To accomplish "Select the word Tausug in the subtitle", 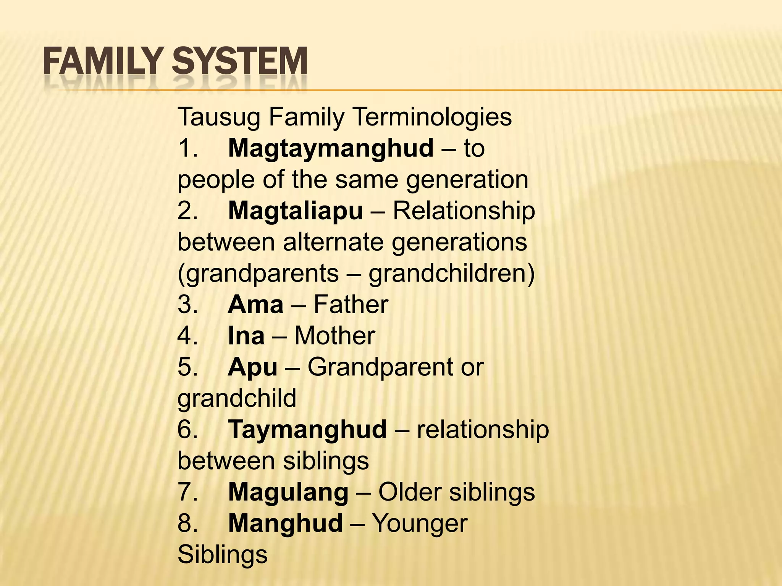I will [219, 117].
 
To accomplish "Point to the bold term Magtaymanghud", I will [331, 148].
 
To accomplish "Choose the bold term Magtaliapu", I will [295, 211].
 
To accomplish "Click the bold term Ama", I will [255, 304].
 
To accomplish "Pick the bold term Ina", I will [246, 336].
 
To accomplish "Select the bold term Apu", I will [252, 367].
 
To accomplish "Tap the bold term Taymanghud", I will [307, 430].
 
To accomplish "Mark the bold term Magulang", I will [288, 492].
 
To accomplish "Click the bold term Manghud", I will [285, 523].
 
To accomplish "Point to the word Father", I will [351, 304].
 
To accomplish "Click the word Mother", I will [334, 336].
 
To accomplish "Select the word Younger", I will [419, 523].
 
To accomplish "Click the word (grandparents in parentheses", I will [258, 274].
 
